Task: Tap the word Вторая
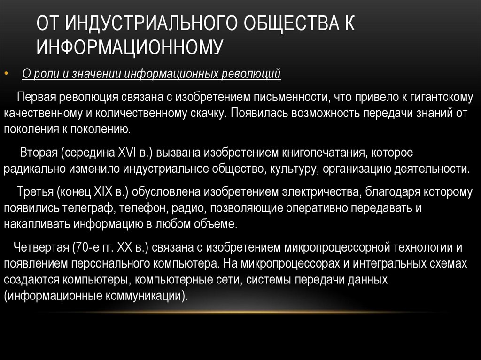[39, 153]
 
